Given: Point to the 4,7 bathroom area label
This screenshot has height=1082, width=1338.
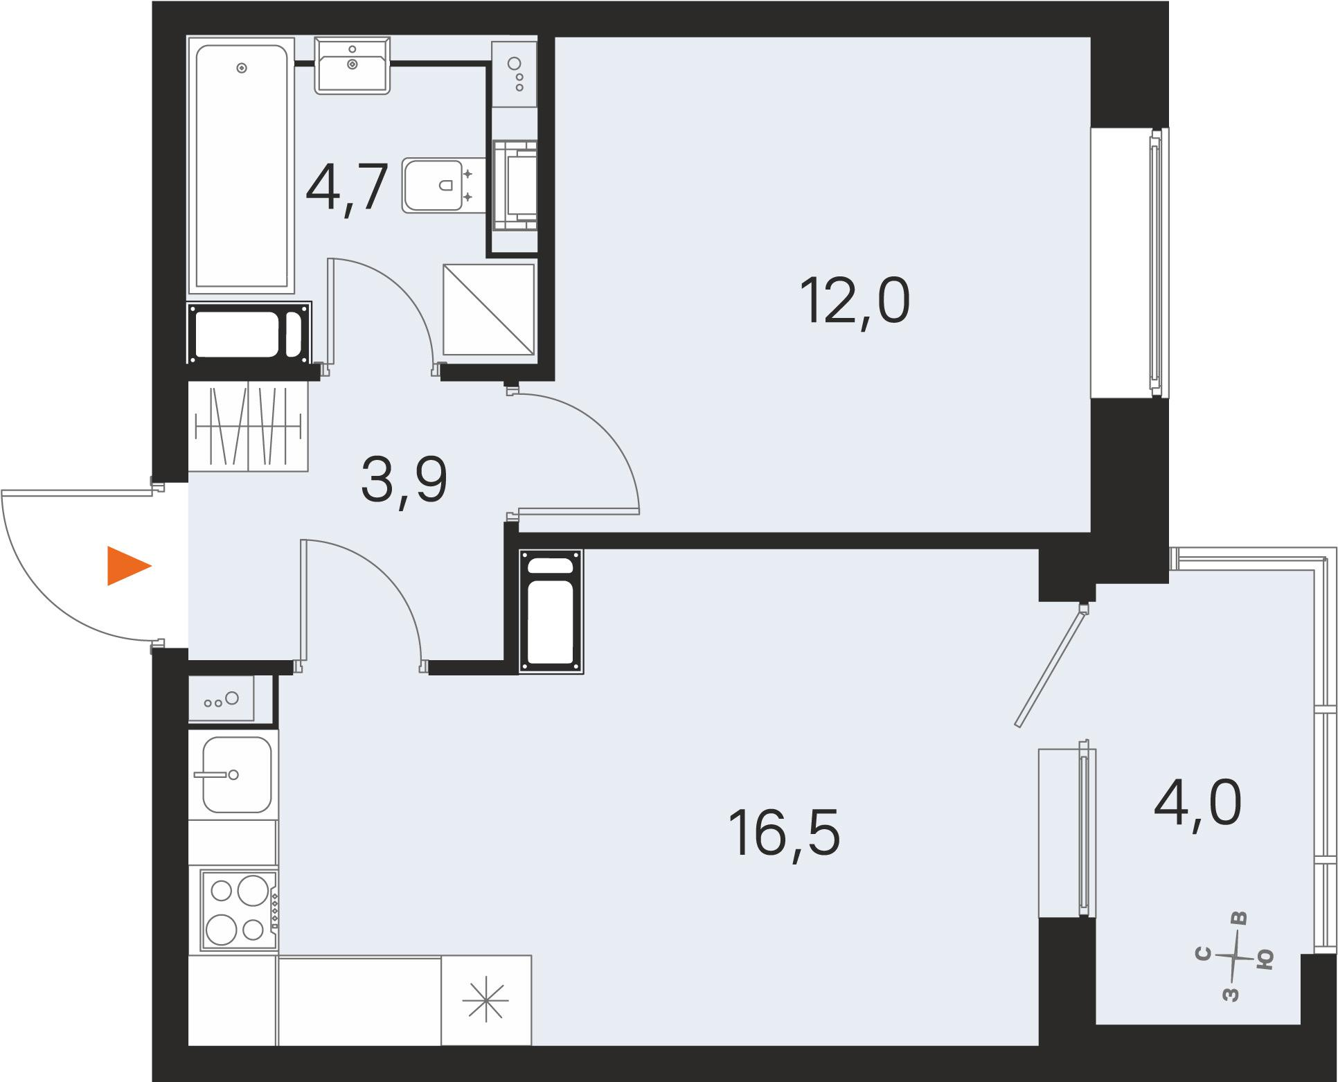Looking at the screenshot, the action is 346,186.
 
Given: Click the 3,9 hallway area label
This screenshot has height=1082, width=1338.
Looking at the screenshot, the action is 404,481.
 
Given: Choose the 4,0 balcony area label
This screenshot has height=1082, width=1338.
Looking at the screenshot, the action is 1197,804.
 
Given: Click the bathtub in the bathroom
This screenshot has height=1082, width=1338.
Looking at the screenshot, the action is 240,166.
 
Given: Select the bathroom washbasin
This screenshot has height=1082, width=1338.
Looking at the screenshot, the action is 353,64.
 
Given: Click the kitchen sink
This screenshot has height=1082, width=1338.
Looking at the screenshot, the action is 236,774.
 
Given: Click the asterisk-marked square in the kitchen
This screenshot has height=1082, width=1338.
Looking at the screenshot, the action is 486,1000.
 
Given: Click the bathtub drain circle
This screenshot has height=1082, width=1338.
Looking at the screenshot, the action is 242,68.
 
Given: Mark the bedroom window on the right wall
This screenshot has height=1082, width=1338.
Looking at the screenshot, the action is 1154,263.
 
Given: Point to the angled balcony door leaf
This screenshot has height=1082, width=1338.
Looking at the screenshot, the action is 1050,666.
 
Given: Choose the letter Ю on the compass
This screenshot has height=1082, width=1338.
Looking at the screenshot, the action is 1265,959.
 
